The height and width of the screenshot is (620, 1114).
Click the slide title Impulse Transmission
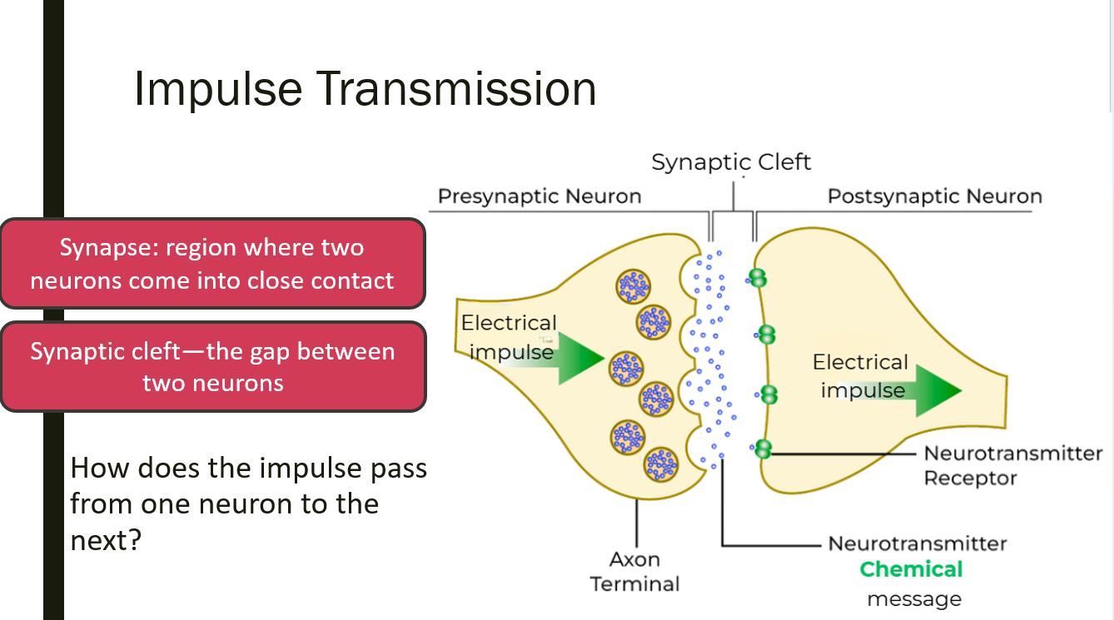pos(365,89)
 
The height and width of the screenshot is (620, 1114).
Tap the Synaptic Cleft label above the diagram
pos(731,161)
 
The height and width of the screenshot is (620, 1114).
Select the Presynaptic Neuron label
pos(540,197)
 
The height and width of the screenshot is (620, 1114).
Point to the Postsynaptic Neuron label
pos(934,197)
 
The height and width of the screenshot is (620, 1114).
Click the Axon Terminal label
pos(634,571)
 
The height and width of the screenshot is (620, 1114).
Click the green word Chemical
pos(911,570)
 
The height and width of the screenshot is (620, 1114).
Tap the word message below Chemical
pos(913,599)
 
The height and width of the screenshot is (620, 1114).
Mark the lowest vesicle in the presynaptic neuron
pos(661,464)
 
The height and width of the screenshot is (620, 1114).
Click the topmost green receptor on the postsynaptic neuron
pos(757,277)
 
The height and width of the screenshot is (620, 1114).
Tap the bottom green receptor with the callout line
pos(762,449)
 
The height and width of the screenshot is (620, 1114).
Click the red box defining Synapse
pos(212,263)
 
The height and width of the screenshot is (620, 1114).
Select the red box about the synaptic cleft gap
pos(212,367)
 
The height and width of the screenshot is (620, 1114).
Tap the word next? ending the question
pos(105,540)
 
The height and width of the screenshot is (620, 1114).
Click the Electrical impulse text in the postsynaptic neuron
pos(860,376)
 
